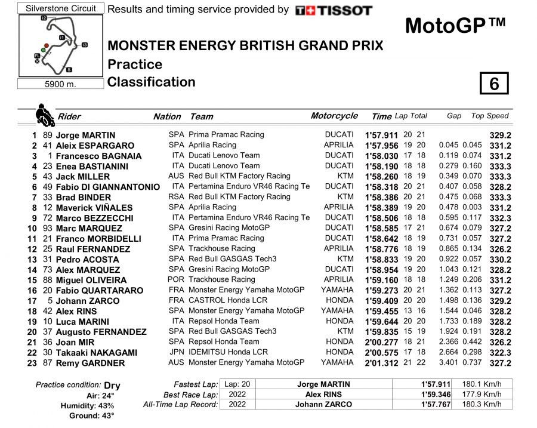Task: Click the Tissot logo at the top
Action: [x=334, y=10]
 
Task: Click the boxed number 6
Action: [x=493, y=84]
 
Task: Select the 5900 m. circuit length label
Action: [x=60, y=84]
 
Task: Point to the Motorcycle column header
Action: [x=334, y=116]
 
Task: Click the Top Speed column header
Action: [x=490, y=116]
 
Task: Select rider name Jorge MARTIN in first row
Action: [x=85, y=136]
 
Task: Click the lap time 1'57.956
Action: [x=381, y=146]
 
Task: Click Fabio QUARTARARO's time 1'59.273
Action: [x=381, y=291]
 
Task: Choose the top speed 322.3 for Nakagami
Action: [x=500, y=353]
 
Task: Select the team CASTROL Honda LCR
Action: [x=223, y=301]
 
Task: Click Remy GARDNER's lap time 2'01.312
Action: [x=381, y=363]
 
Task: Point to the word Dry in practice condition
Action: [x=112, y=386]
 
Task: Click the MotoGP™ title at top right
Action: [x=455, y=26]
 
